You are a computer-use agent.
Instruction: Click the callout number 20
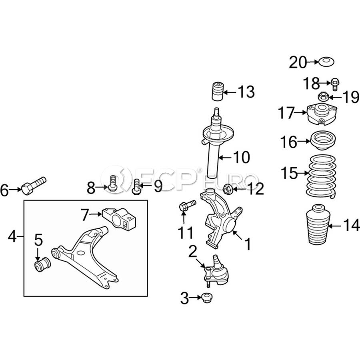pyautogui.click(x=298, y=62)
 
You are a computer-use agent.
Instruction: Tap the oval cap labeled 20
pyautogui.click(x=326, y=62)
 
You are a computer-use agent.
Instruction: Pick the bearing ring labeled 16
pyautogui.click(x=323, y=140)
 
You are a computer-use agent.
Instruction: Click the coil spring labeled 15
pyautogui.click(x=322, y=176)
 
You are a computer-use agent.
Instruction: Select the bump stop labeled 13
pyautogui.click(x=217, y=91)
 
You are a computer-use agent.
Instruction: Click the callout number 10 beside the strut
pyautogui.click(x=242, y=157)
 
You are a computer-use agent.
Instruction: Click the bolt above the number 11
pyautogui.click(x=187, y=206)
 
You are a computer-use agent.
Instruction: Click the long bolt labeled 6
pyautogui.click(x=34, y=186)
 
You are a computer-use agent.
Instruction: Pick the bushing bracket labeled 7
pyautogui.click(x=119, y=218)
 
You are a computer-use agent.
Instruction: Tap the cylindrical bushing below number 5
pyautogui.click(x=42, y=264)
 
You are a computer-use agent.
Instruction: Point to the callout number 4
pyautogui.click(x=12, y=236)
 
